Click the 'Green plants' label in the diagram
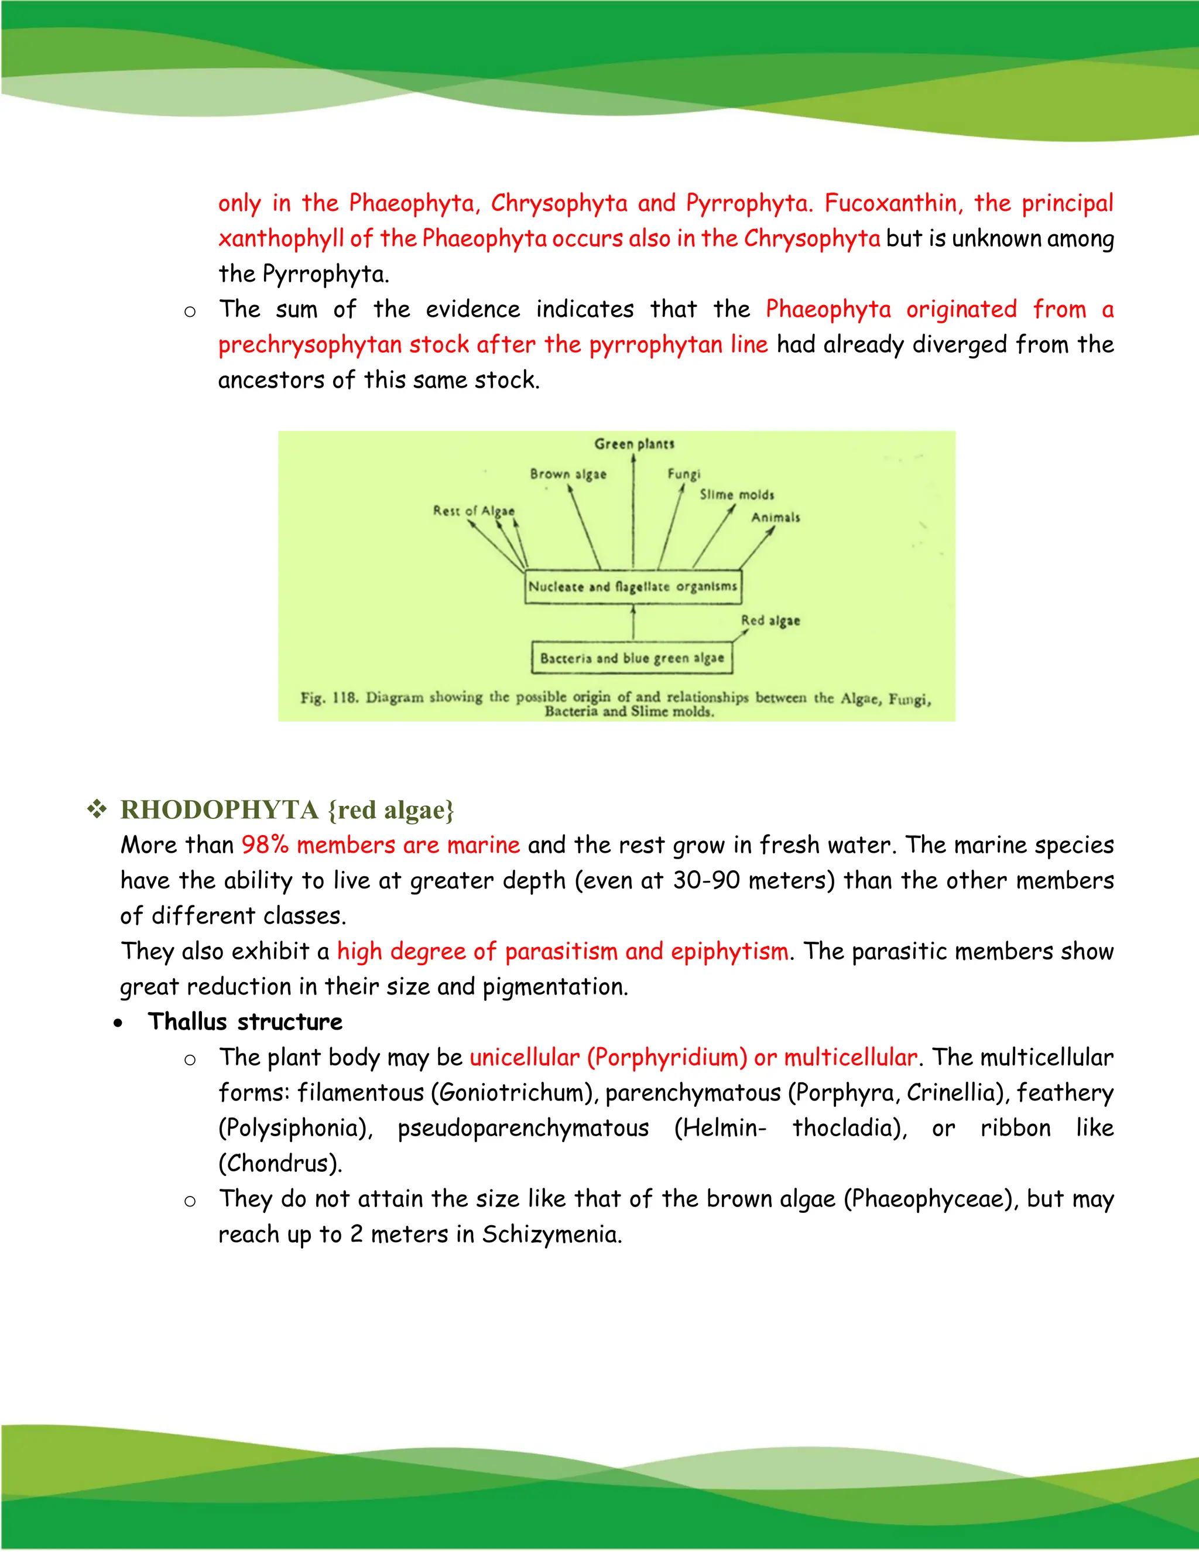633,444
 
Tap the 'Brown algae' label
568,474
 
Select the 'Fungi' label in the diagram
683,474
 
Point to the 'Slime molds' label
736,495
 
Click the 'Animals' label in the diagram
776,517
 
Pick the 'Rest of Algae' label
474,511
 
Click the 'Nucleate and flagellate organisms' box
632,587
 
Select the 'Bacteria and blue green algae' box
632,658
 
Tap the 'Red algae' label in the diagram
770,620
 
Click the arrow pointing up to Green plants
633,512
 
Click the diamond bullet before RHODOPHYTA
97,809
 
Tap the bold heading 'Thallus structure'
245,1022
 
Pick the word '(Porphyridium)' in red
667,1057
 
